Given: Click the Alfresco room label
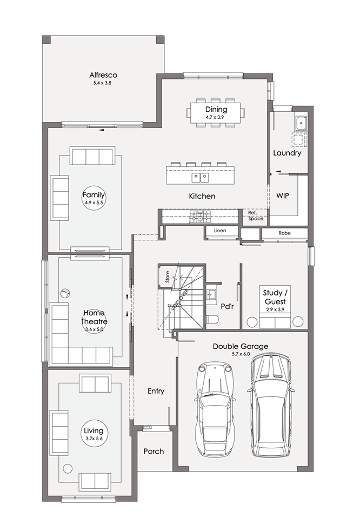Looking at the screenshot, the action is coord(103,75).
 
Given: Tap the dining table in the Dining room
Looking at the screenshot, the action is coord(216,113).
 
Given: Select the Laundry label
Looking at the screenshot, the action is coord(287,153).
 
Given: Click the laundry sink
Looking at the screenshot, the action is coord(301,124).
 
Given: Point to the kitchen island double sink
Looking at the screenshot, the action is coord(200,178).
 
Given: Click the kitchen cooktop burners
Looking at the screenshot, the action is coord(200,216).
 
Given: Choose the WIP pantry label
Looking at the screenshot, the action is coord(283,196).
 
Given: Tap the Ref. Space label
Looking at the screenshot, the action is coord(256,216).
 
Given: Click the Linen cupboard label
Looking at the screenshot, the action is coord(220,230).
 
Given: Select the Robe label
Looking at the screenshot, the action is coord(284,233).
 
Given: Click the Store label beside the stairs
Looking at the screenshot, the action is coord(168,277).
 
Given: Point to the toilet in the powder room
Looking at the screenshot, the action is coord(212,319).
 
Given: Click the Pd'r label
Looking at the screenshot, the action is coord(227,306).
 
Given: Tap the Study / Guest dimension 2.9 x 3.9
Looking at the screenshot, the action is coord(275,309).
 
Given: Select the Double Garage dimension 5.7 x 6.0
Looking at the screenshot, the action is coord(241,354).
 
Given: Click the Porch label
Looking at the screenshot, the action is coord(154,452).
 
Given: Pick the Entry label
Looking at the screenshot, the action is coord(156,391).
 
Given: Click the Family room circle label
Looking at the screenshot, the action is coord(94,198).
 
